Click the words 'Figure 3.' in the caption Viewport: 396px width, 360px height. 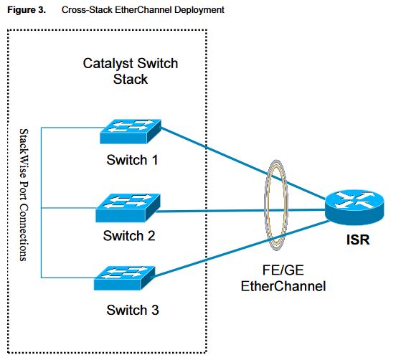point(25,10)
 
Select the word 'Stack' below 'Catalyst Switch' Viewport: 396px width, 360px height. point(131,78)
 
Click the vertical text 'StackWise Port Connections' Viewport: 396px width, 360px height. point(24,194)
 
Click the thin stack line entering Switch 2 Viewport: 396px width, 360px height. point(68,209)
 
